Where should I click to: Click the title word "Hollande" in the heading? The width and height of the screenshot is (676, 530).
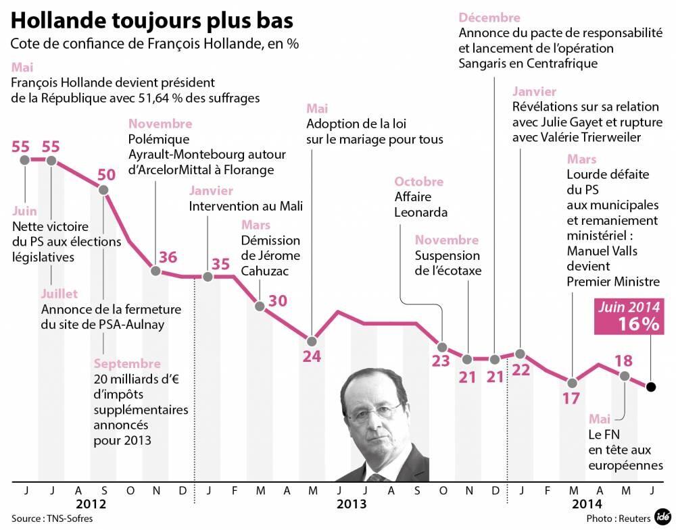(x=61, y=20)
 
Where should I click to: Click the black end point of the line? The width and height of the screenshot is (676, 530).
(x=650, y=387)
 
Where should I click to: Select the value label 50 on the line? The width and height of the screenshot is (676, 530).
(x=106, y=174)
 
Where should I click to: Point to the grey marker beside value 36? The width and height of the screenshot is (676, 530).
(x=155, y=271)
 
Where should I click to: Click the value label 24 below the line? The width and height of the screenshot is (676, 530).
(x=312, y=356)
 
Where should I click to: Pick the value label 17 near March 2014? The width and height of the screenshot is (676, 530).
(x=571, y=398)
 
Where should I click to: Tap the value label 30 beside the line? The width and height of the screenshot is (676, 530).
(x=278, y=300)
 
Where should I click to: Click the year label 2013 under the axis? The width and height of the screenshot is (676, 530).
(x=352, y=504)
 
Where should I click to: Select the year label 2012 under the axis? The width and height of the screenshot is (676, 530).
(x=90, y=504)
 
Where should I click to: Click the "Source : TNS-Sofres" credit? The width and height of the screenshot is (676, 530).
(x=51, y=519)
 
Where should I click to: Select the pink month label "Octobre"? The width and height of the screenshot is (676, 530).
(x=419, y=182)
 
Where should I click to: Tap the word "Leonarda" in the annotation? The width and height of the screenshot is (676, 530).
(x=421, y=211)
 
